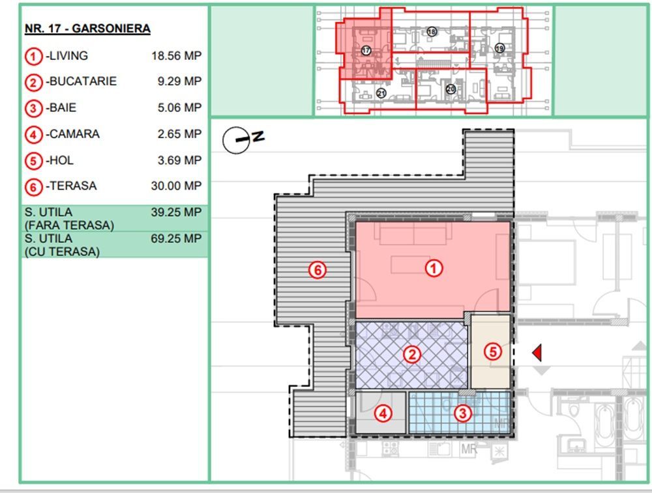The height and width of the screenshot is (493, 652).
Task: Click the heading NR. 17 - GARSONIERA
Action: tap(87, 29)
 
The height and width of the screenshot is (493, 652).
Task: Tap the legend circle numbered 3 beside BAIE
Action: tap(34, 108)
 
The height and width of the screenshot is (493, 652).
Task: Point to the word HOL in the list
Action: tap(61, 160)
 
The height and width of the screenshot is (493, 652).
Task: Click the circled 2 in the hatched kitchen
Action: tap(412, 354)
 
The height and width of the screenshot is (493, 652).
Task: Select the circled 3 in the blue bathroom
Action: tap(462, 413)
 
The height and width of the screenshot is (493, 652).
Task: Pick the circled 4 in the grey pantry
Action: tap(383, 413)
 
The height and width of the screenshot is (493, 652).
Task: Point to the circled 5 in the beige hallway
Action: tap(493, 352)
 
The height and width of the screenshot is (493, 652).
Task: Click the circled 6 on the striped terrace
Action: tap(318, 270)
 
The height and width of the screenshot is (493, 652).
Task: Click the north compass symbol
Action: tap(237, 140)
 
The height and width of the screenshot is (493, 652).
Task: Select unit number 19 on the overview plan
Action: tap(500, 48)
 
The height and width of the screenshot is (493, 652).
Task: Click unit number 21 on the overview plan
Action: tap(381, 94)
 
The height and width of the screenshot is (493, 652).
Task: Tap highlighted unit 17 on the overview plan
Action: tap(366, 50)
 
